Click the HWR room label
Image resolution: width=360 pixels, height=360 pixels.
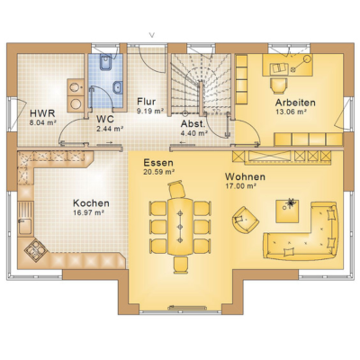[x=42, y=113]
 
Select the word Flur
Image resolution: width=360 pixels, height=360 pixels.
[x=146, y=101]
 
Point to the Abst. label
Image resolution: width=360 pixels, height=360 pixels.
[x=193, y=124]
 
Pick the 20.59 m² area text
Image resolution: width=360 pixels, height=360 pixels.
[x=159, y=172]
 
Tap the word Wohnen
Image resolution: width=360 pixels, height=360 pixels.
[x=245, y=176]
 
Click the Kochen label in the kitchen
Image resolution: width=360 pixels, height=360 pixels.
[x=91, y=203]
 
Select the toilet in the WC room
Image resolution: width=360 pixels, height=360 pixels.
[x=105, y=62]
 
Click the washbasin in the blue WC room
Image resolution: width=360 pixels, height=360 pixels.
[x=118, y=86]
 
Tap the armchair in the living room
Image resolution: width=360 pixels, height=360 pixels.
[x=245, y=219]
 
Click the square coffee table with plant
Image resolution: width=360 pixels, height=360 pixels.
[x=287, y=211]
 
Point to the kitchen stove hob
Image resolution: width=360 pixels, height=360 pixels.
[x=35, y=249]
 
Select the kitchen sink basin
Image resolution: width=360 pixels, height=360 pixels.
[x=24, y=226]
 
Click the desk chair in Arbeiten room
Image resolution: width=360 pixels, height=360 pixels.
[x=279, y=86]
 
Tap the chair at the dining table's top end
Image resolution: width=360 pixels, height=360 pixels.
[x=177, y=189]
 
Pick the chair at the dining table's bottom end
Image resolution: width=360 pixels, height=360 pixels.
[x=181, y=265]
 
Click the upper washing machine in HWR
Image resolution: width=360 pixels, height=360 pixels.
[x=75, y=87]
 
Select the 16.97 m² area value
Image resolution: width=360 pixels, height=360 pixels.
[x=88, y=212]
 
